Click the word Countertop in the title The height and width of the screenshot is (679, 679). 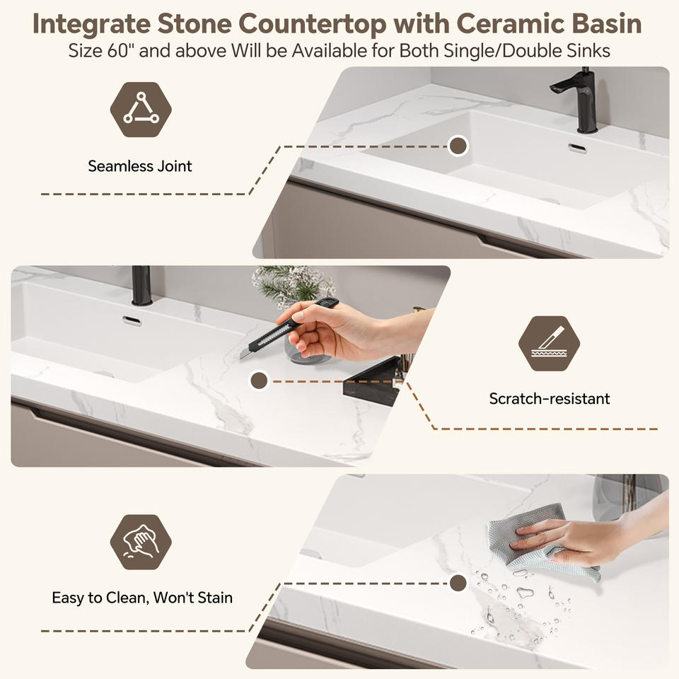tap(312, 23)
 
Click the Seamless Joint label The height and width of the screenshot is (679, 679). tap(140, 166)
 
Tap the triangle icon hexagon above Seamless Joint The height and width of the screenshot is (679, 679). tap(141, 110)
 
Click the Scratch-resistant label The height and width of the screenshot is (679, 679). tap(550, 398)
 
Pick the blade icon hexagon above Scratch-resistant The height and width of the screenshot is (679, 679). tap(549, 344)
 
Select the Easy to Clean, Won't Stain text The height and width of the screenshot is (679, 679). tap(142, 598)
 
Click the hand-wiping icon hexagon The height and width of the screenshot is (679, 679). tap(141, 542)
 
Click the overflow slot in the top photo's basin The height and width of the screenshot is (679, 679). tap(577, 148)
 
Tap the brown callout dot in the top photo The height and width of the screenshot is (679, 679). tap(458, 146)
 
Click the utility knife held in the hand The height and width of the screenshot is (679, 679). tap(288, 327)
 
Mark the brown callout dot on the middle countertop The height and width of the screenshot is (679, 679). tap(259, 381)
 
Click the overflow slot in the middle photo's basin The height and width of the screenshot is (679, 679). tap(132, 321)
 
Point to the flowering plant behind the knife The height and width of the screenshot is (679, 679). tap(294, 284)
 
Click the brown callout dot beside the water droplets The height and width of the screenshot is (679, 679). tap(458, 583)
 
